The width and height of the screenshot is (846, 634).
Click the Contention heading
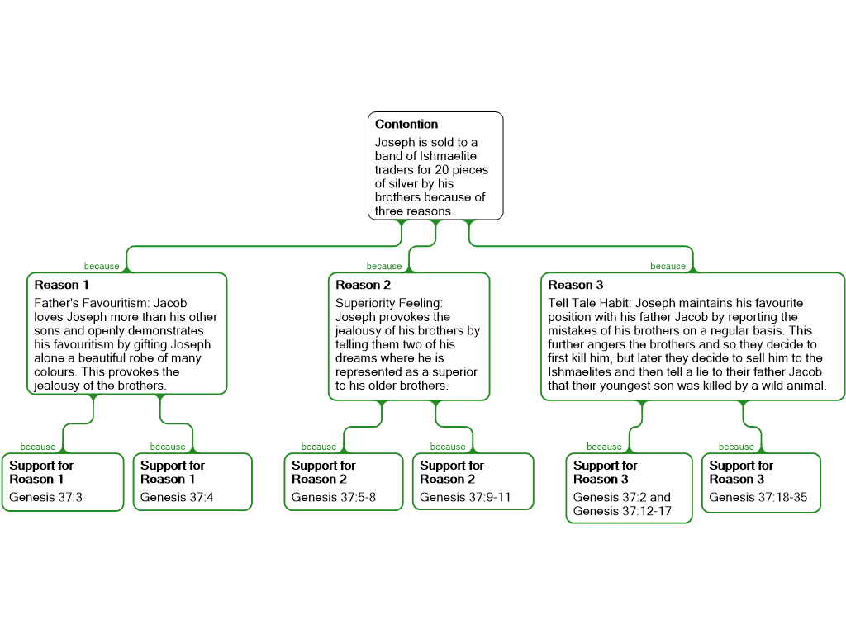(406, 125)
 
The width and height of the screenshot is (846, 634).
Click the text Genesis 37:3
(45, 497)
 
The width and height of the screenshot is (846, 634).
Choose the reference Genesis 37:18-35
(758, 497)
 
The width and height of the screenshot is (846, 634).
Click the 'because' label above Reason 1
(102, 267)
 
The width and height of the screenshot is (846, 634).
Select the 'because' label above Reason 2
(384, 267)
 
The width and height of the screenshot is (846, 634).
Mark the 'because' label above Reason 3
(668, 267)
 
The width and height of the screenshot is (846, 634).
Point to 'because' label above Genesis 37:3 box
(38, 447)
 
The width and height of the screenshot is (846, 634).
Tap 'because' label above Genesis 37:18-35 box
(736, 447)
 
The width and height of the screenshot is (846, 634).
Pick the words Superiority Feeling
(388, 303)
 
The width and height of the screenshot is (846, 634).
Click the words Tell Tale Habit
(589, 303)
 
